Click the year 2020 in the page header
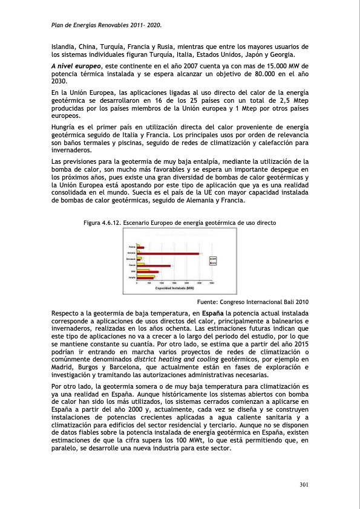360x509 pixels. click(156, 25)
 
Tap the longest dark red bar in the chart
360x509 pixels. click(170, 253)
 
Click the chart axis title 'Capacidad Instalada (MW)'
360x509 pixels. click(173, 288)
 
